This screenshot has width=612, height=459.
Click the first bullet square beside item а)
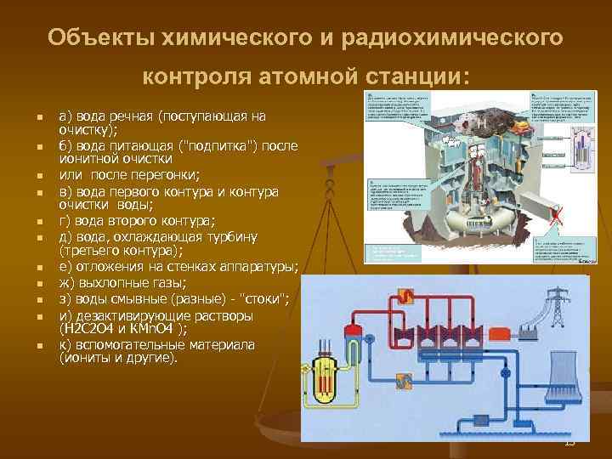pos(30,116)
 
